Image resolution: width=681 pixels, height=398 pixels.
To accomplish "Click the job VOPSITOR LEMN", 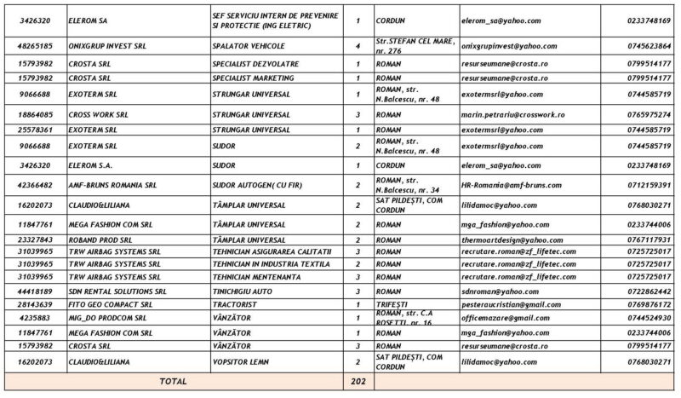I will click(x=243, y=362).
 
